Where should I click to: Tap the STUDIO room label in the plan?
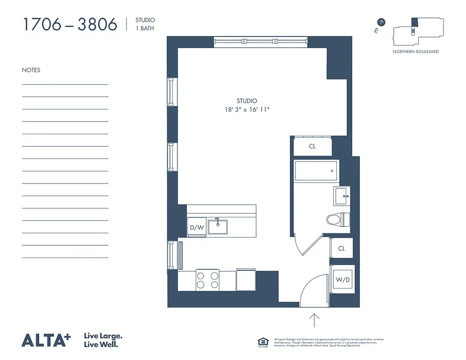click(x=247, y=101)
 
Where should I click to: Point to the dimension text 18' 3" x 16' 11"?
click(x=247, y=109)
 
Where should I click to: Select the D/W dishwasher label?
click(x=197, y=228)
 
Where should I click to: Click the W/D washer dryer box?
click(x=342, y=279)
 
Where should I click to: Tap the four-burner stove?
click(x=207, y=279)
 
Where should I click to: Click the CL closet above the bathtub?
click(x=312, y=146)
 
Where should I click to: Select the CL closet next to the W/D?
click(x=341, y=248)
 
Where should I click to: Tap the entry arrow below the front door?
click(x=314, y=320)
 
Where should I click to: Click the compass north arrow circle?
click(x=381, y=22)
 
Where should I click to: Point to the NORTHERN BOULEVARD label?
click(x=416, y=52)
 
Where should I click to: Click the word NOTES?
click(x=31, y=70)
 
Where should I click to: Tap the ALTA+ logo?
click(x=46, y=340)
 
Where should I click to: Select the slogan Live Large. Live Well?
click(x=104, y=340)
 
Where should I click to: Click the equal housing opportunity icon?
click(x=263, y=342)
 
